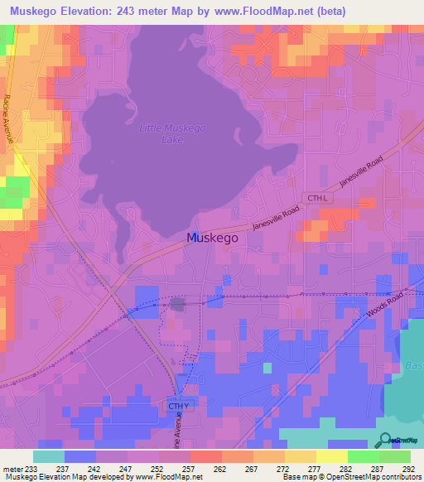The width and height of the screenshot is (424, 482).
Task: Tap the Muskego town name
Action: pyautogui.click(x=213, y=237)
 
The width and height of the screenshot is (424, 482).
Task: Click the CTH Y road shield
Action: pyautogui.click(x=178, y=407)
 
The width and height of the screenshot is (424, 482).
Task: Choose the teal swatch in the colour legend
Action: pyautogui.click(x=49, y=456)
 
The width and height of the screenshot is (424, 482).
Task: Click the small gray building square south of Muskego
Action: pyautogui.click(x=177, y=305)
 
